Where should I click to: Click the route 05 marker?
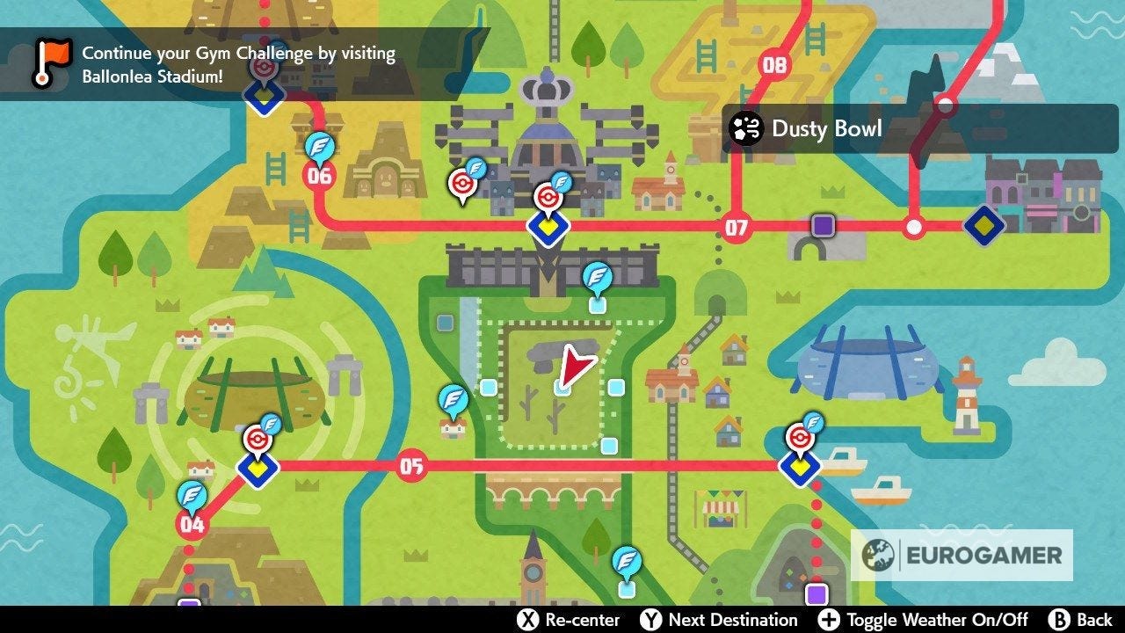(411, 465)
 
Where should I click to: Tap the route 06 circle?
(319, 175)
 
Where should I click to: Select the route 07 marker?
(736, 229)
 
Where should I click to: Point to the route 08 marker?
(774, 64)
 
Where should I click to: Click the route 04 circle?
(192, 525)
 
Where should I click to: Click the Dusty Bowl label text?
(826, 128)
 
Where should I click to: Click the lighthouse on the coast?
(966, 395)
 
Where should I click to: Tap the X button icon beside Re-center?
(526, 619)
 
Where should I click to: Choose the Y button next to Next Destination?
(650, 619)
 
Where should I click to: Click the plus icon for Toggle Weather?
(829, 619)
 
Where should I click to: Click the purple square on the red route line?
(823, 225)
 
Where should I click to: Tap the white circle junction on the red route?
(914, 227)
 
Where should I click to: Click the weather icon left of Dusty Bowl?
(746, 129)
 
